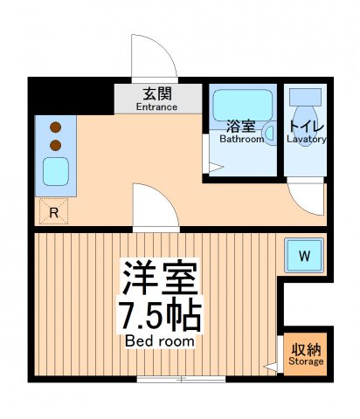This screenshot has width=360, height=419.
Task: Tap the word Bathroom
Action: [x=241, y=139]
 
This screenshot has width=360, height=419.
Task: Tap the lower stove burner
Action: [x=55, y=144]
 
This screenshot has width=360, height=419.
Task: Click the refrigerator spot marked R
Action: [x=53, y=211]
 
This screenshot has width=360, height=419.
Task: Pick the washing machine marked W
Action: [x=305, y=256]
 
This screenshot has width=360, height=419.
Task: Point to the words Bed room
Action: [x=162, y=340]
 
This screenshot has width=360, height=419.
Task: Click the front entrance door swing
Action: [x=153, y=58]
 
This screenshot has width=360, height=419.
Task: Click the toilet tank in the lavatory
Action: [x=305, y=97]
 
